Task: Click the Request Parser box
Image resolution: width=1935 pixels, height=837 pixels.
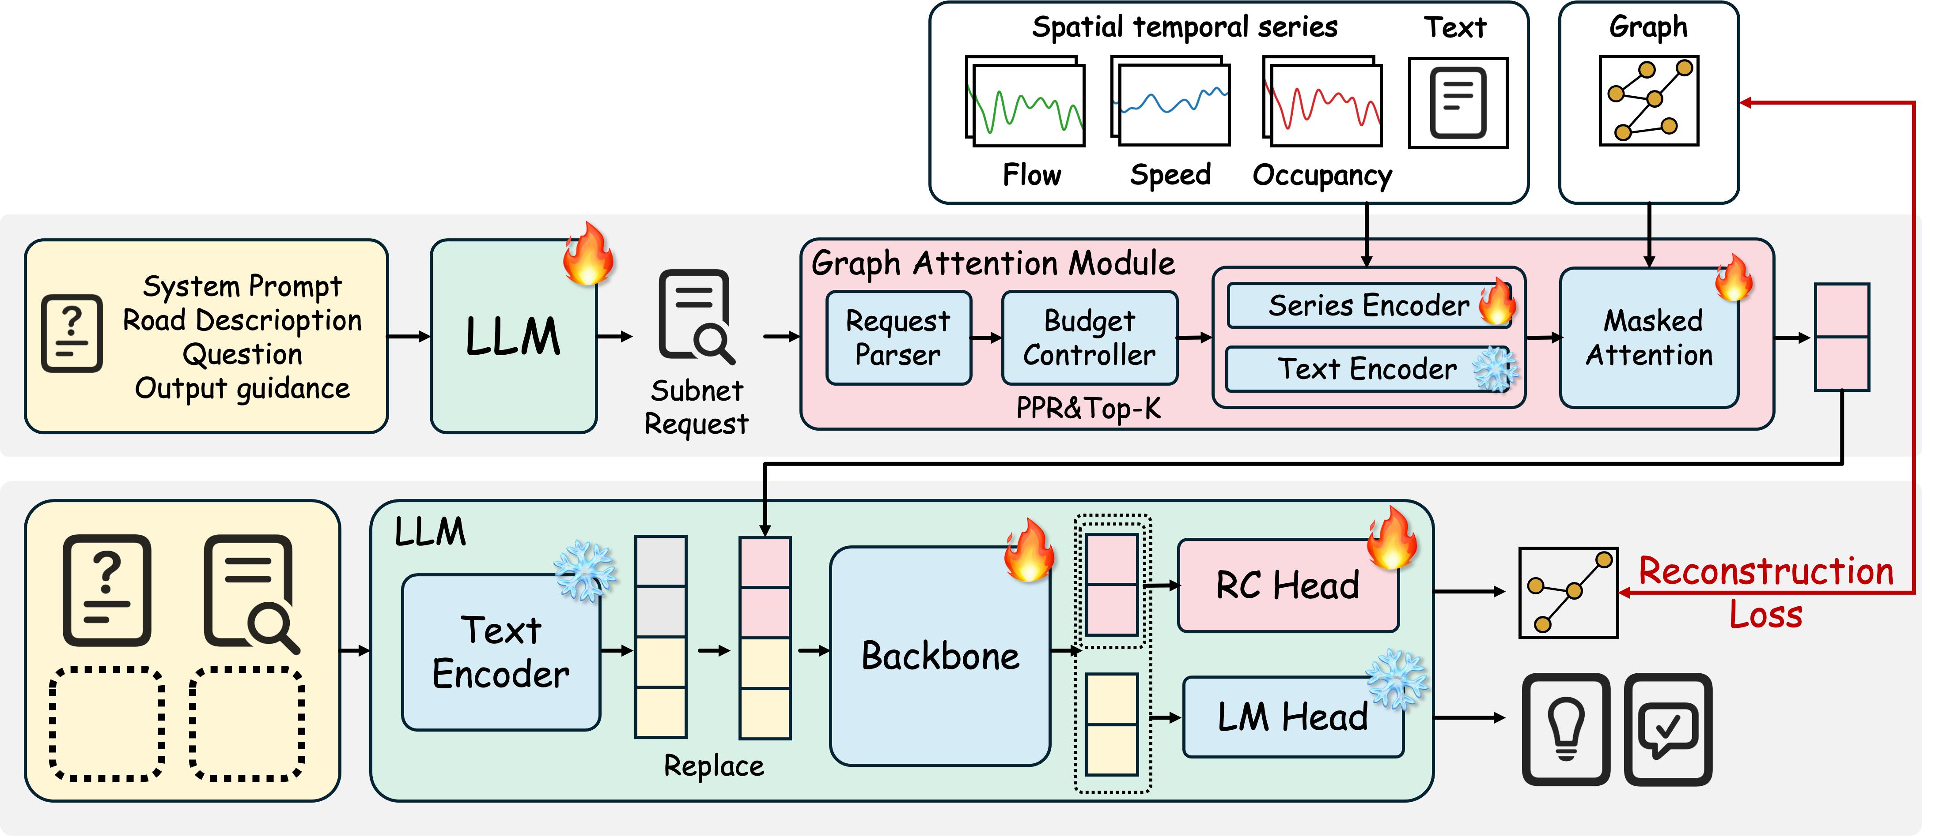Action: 898,338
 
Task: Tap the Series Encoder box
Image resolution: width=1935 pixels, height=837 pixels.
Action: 1369,305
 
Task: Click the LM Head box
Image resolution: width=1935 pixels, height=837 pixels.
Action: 1293,717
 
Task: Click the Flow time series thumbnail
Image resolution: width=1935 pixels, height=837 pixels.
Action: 1025,101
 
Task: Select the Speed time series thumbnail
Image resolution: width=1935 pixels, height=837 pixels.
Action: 1170,101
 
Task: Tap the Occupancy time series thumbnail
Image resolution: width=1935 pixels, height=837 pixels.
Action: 1322,101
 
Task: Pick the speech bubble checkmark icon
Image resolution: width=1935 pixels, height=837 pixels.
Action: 1668,729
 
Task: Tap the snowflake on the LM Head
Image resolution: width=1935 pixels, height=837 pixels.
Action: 1397,679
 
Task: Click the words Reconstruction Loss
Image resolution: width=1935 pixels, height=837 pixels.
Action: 1765,592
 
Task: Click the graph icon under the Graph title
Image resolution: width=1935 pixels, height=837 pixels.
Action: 1649,101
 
